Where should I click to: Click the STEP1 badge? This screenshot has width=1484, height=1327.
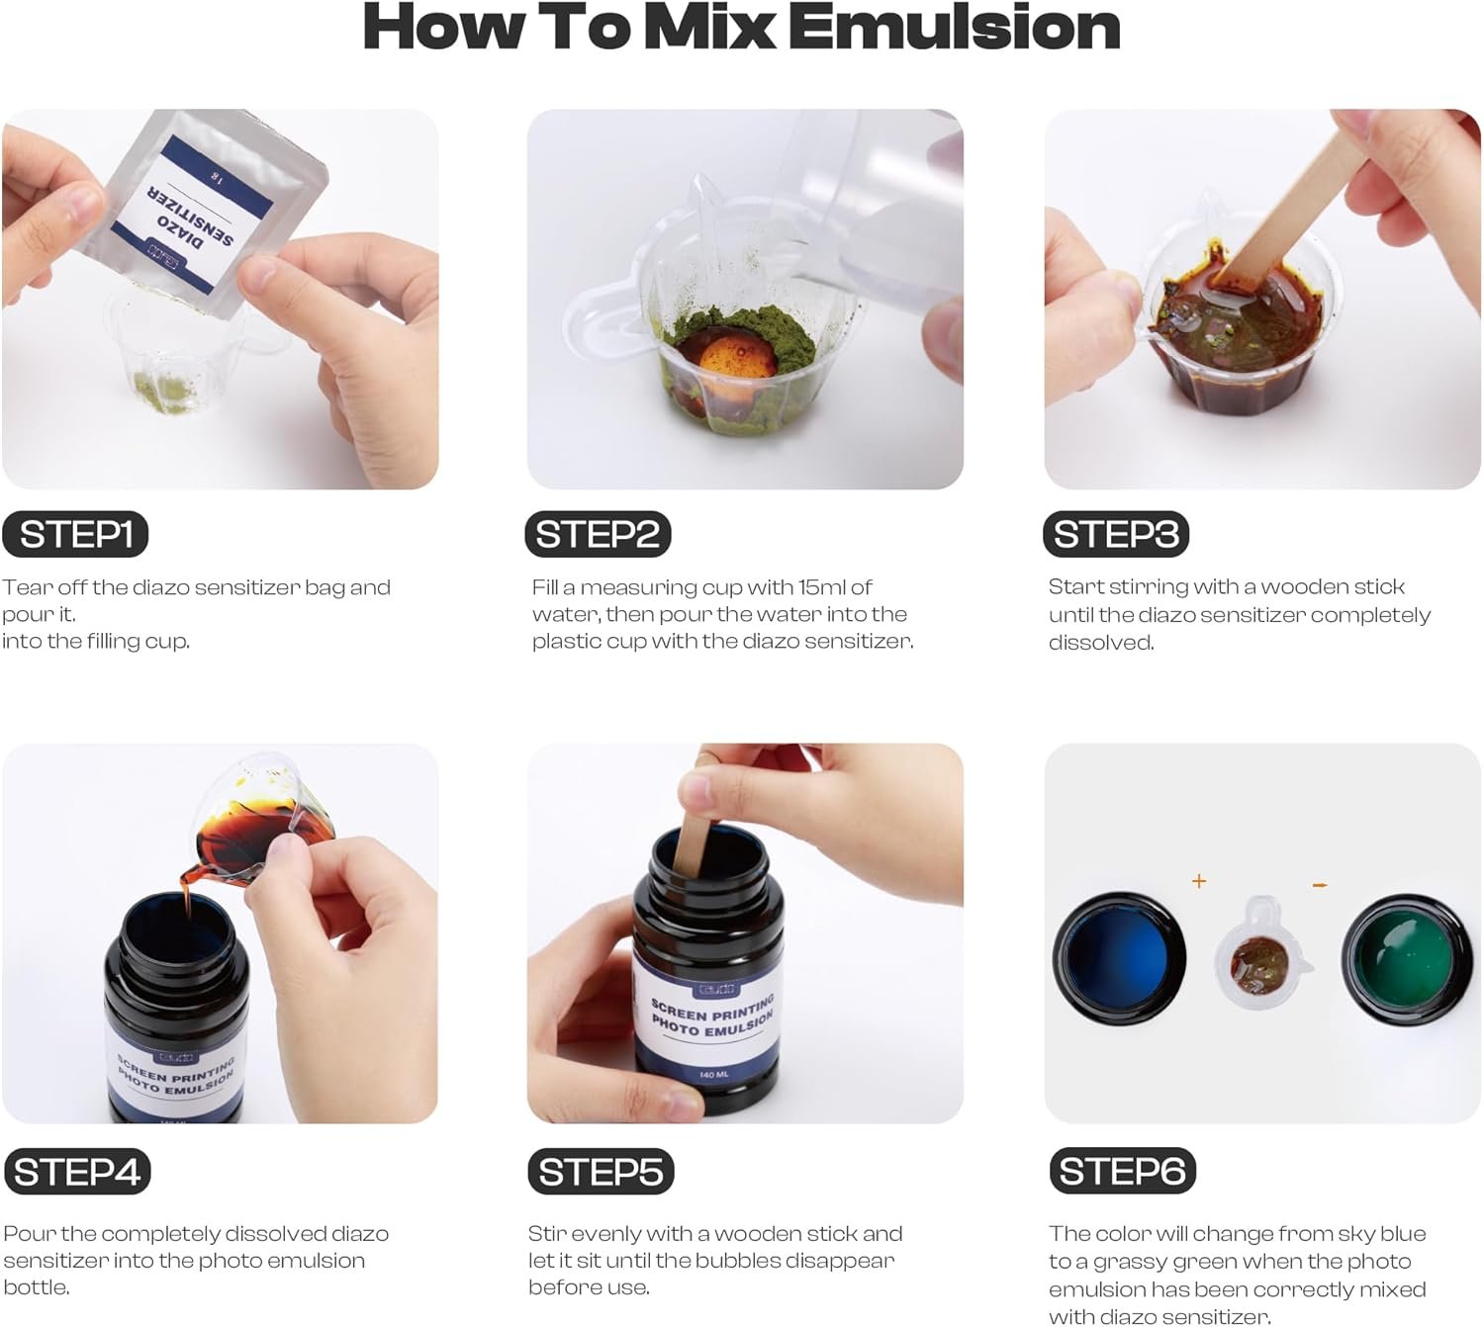(x=75, y=534)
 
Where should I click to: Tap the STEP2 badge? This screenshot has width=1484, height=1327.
(x=598, y=534)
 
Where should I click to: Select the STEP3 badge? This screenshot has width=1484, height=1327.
(x=1116, y=534)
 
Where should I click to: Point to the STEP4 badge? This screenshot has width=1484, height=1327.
(x=77, y=1172)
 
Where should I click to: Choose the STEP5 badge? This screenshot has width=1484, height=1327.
(x=601, y=1172)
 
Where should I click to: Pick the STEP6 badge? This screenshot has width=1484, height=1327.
(x=1122, y=1171)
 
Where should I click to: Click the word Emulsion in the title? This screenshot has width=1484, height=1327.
(x=954, y=27)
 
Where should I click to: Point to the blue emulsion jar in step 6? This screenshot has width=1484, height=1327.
(x=1118, y=958)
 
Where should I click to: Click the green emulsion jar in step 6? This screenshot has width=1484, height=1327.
(x=1407, y=959)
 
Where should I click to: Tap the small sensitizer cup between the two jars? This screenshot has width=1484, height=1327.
(x=1261, y=952)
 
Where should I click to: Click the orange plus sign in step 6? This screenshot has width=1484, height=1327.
(x=1198, y=880)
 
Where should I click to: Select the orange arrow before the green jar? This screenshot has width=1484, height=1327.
(x=1320, y=885)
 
